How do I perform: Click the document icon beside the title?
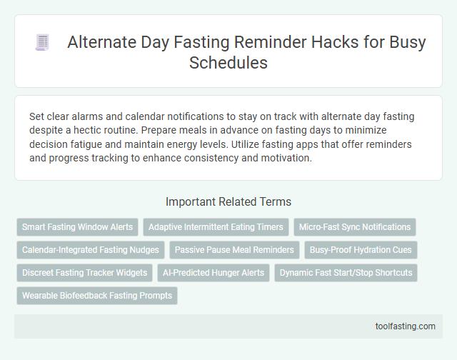42,43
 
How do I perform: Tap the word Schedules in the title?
228,63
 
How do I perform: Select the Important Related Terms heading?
228,201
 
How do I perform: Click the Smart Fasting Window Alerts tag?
77,227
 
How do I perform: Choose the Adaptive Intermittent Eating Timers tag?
216,227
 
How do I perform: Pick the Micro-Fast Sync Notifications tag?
354,227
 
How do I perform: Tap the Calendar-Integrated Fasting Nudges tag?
90,250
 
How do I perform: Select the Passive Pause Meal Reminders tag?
234,250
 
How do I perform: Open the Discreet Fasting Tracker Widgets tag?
85,273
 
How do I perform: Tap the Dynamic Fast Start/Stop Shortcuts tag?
346,273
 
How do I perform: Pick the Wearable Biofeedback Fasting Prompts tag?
96,296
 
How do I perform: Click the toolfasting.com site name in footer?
405,326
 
